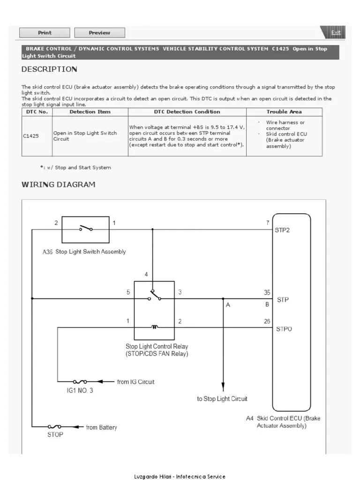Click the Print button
pyautogui.click(x=45, y=33)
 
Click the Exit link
pyautogui.click(x=336, y=32)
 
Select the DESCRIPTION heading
pyautogui.click(x=49, y=69)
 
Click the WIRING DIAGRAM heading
pyautogui.click(x=58, y=185)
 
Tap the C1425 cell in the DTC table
pyautogui.click(x=31, y=136)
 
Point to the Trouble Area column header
pyautogui.click(x=284, y=112)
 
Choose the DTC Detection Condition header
pyautogui.click(x=187, y=112)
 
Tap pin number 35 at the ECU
pyautogui.click(x=267, y=293)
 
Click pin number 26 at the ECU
pyautogui.click(x=267, y=322)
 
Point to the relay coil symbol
pyautogui.click(x=154, y=327)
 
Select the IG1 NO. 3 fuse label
pyautogui.click(x=77, y=390)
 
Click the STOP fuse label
pyautogui.click(x=55, y=435)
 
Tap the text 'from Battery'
pyautogui.click(x=101, y=427)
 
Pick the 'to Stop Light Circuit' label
pyautogui.click(x=222, y=399)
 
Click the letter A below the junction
pyautogui.click(x=228, y=305)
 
